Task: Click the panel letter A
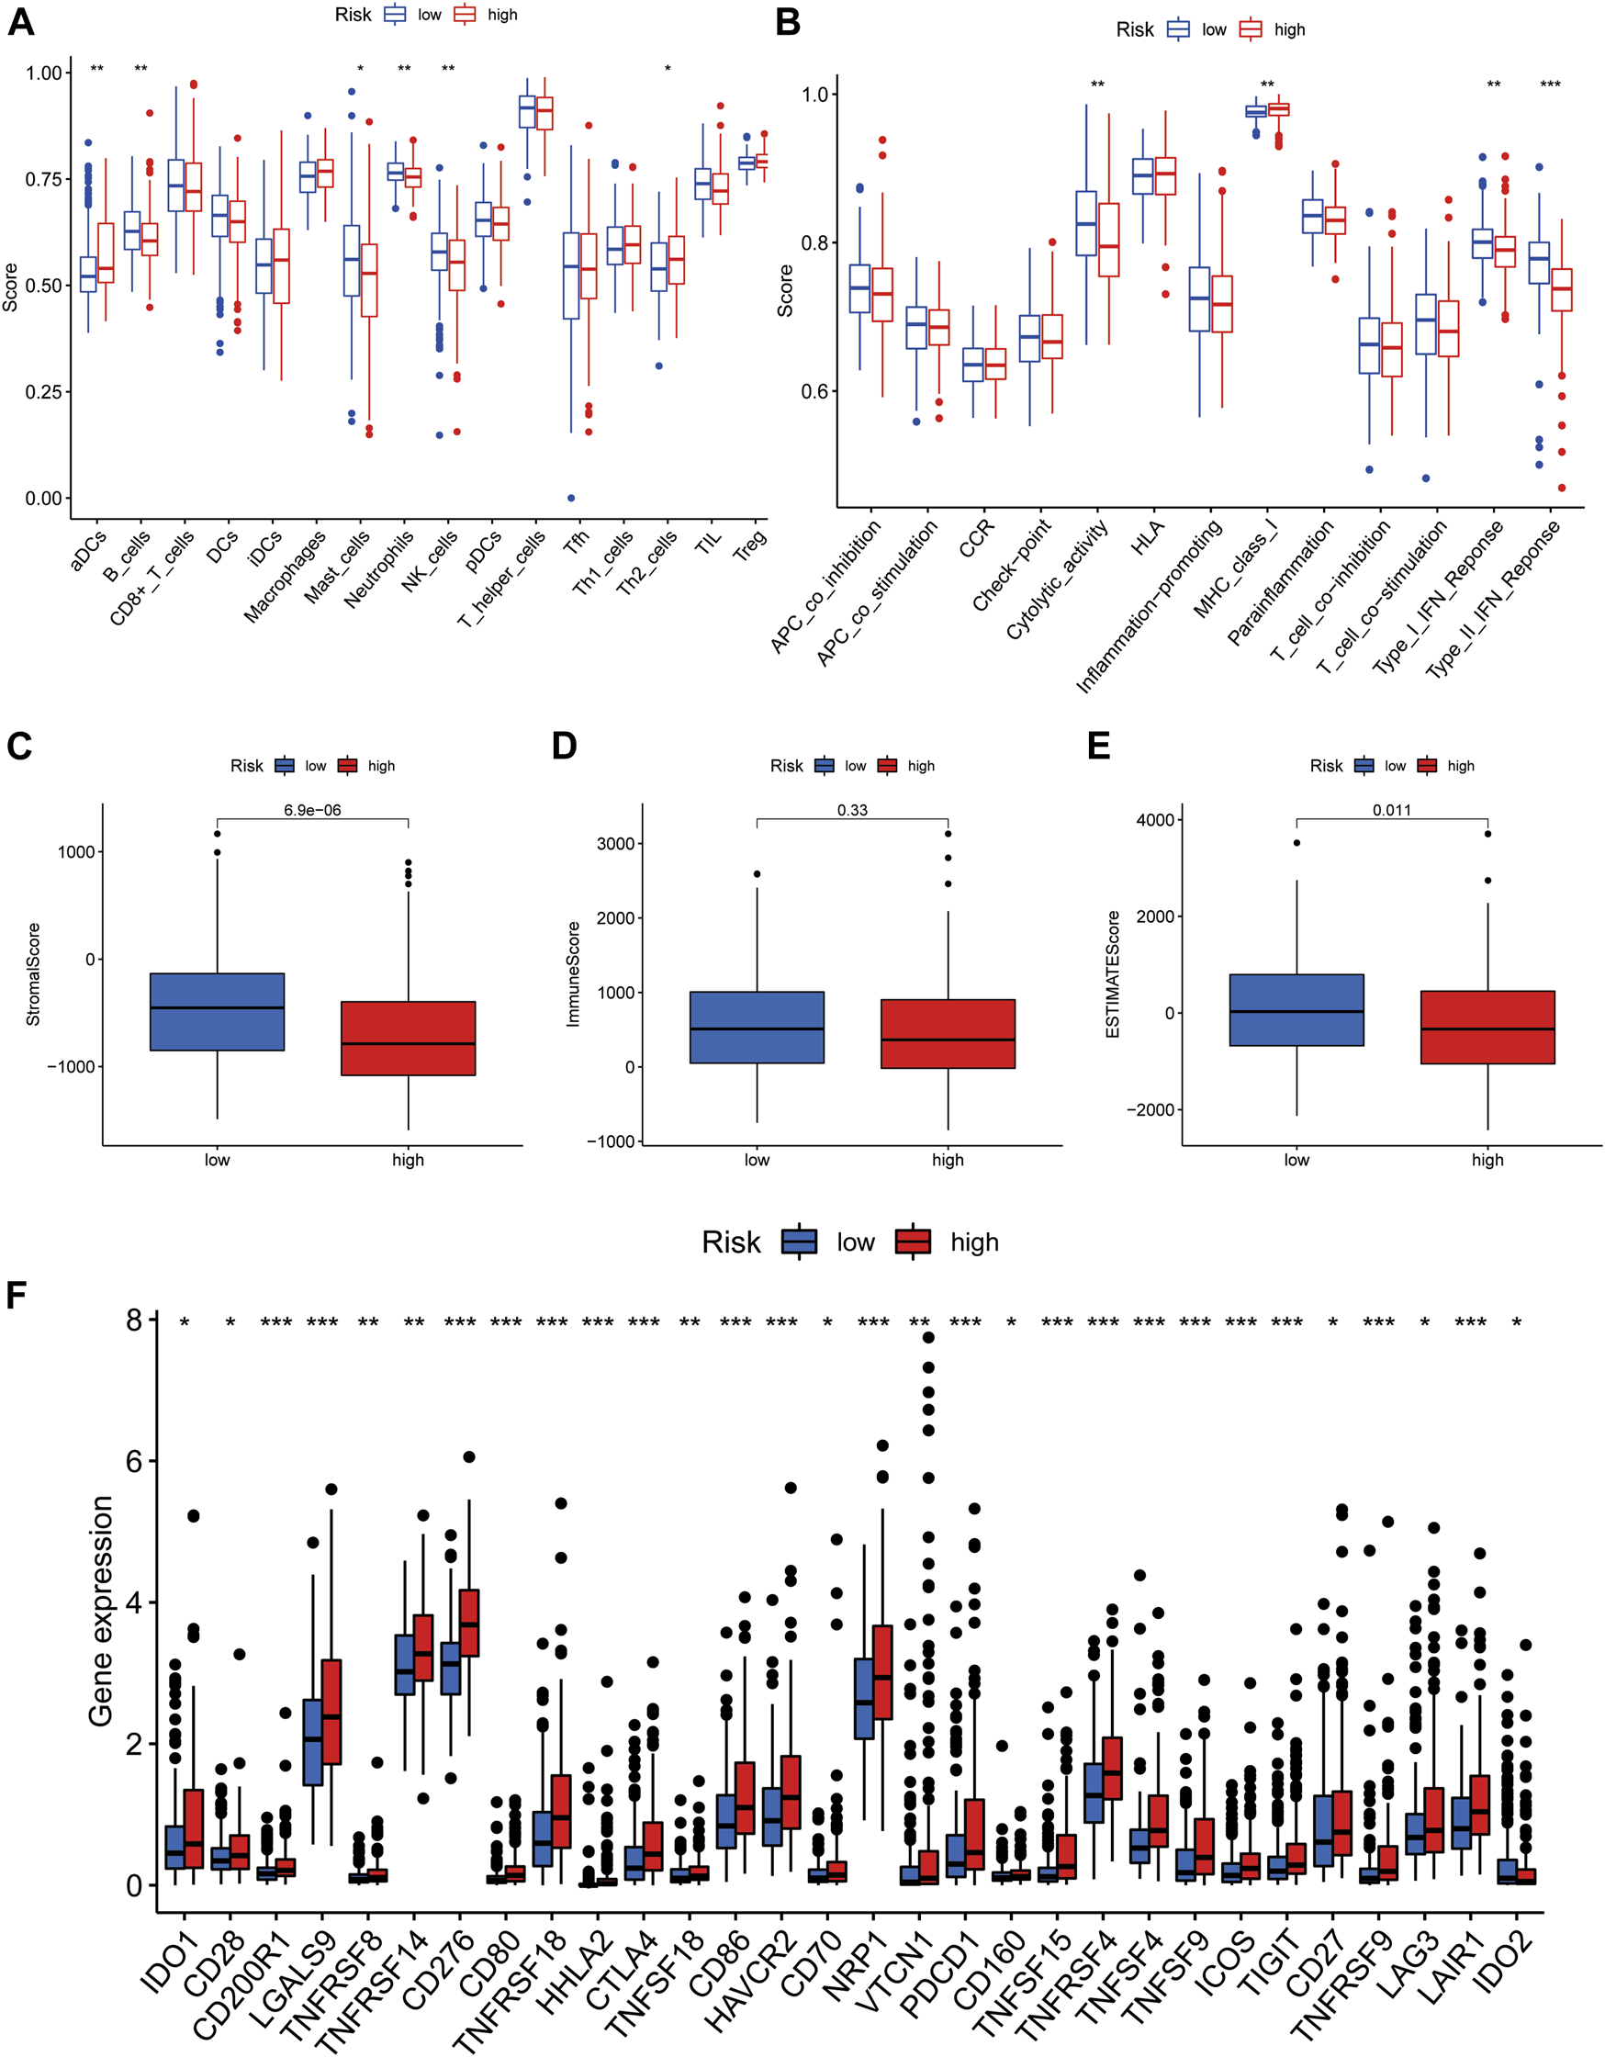[x=21, y=21]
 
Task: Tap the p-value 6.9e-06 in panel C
[x=312, y=810]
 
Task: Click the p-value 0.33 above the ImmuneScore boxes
[x=851, y=810]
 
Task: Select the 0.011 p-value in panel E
[x=1391, y=810]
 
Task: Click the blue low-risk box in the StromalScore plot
[x=217, y=1012]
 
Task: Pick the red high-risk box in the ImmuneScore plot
[x=948, y=1033]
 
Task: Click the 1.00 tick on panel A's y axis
[x=43, y=73]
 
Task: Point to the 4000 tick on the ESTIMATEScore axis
[x=1155, y=819]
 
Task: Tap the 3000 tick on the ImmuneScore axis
[x=615, y=843]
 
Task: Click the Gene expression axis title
[x=101, y=1611]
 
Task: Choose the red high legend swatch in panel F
[x=912, y=1242]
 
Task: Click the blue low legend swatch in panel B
[x=1177, y=30]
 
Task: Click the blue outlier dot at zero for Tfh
[x=571, y=499]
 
